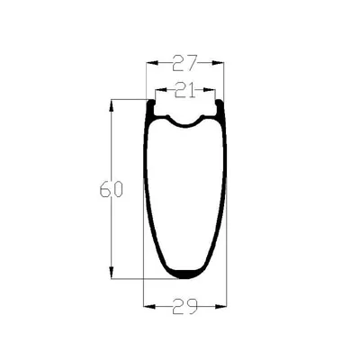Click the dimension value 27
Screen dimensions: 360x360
point(184,64)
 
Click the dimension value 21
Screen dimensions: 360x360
point(184,90)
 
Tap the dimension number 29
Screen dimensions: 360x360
point(184,307)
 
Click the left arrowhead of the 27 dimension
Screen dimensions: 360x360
point(148,64)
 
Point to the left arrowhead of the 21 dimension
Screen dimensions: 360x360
point(157,90)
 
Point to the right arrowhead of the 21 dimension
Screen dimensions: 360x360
point(213,90)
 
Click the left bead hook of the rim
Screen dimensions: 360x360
point(152,109)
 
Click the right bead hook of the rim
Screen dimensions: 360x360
point(218,109)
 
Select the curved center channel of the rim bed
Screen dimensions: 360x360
point(185,123)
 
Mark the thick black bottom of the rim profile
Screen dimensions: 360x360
point(184,273)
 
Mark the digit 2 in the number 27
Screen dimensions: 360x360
point(177,64)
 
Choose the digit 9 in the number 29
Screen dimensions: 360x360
point(191,307)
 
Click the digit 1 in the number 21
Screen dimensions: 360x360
point(191,90)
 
